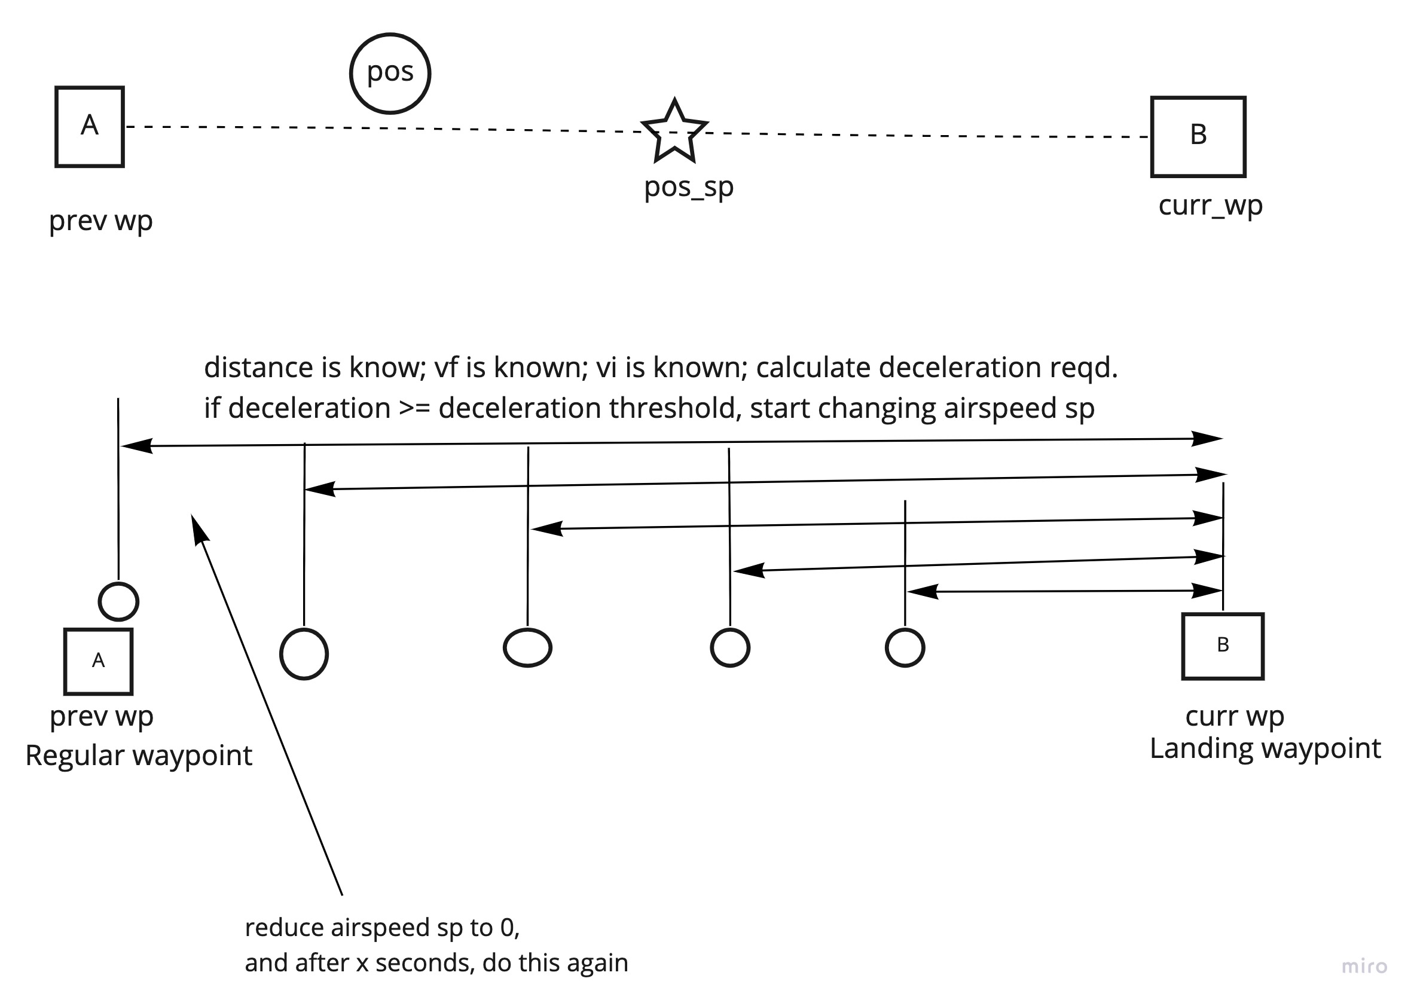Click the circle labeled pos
click(390, 74)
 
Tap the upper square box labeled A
click(90, 127)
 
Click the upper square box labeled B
click(1198, 137)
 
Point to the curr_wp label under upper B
click(1210, 205)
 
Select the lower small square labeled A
click(99, 662)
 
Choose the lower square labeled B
click(1222, 647)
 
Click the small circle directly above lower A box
click(118, 601)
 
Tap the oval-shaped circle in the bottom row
click(527, 648)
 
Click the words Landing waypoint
click(1265, 748)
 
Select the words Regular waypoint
click(139, 756)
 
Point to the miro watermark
click(1364, 967)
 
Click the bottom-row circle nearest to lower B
click(905, 648)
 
